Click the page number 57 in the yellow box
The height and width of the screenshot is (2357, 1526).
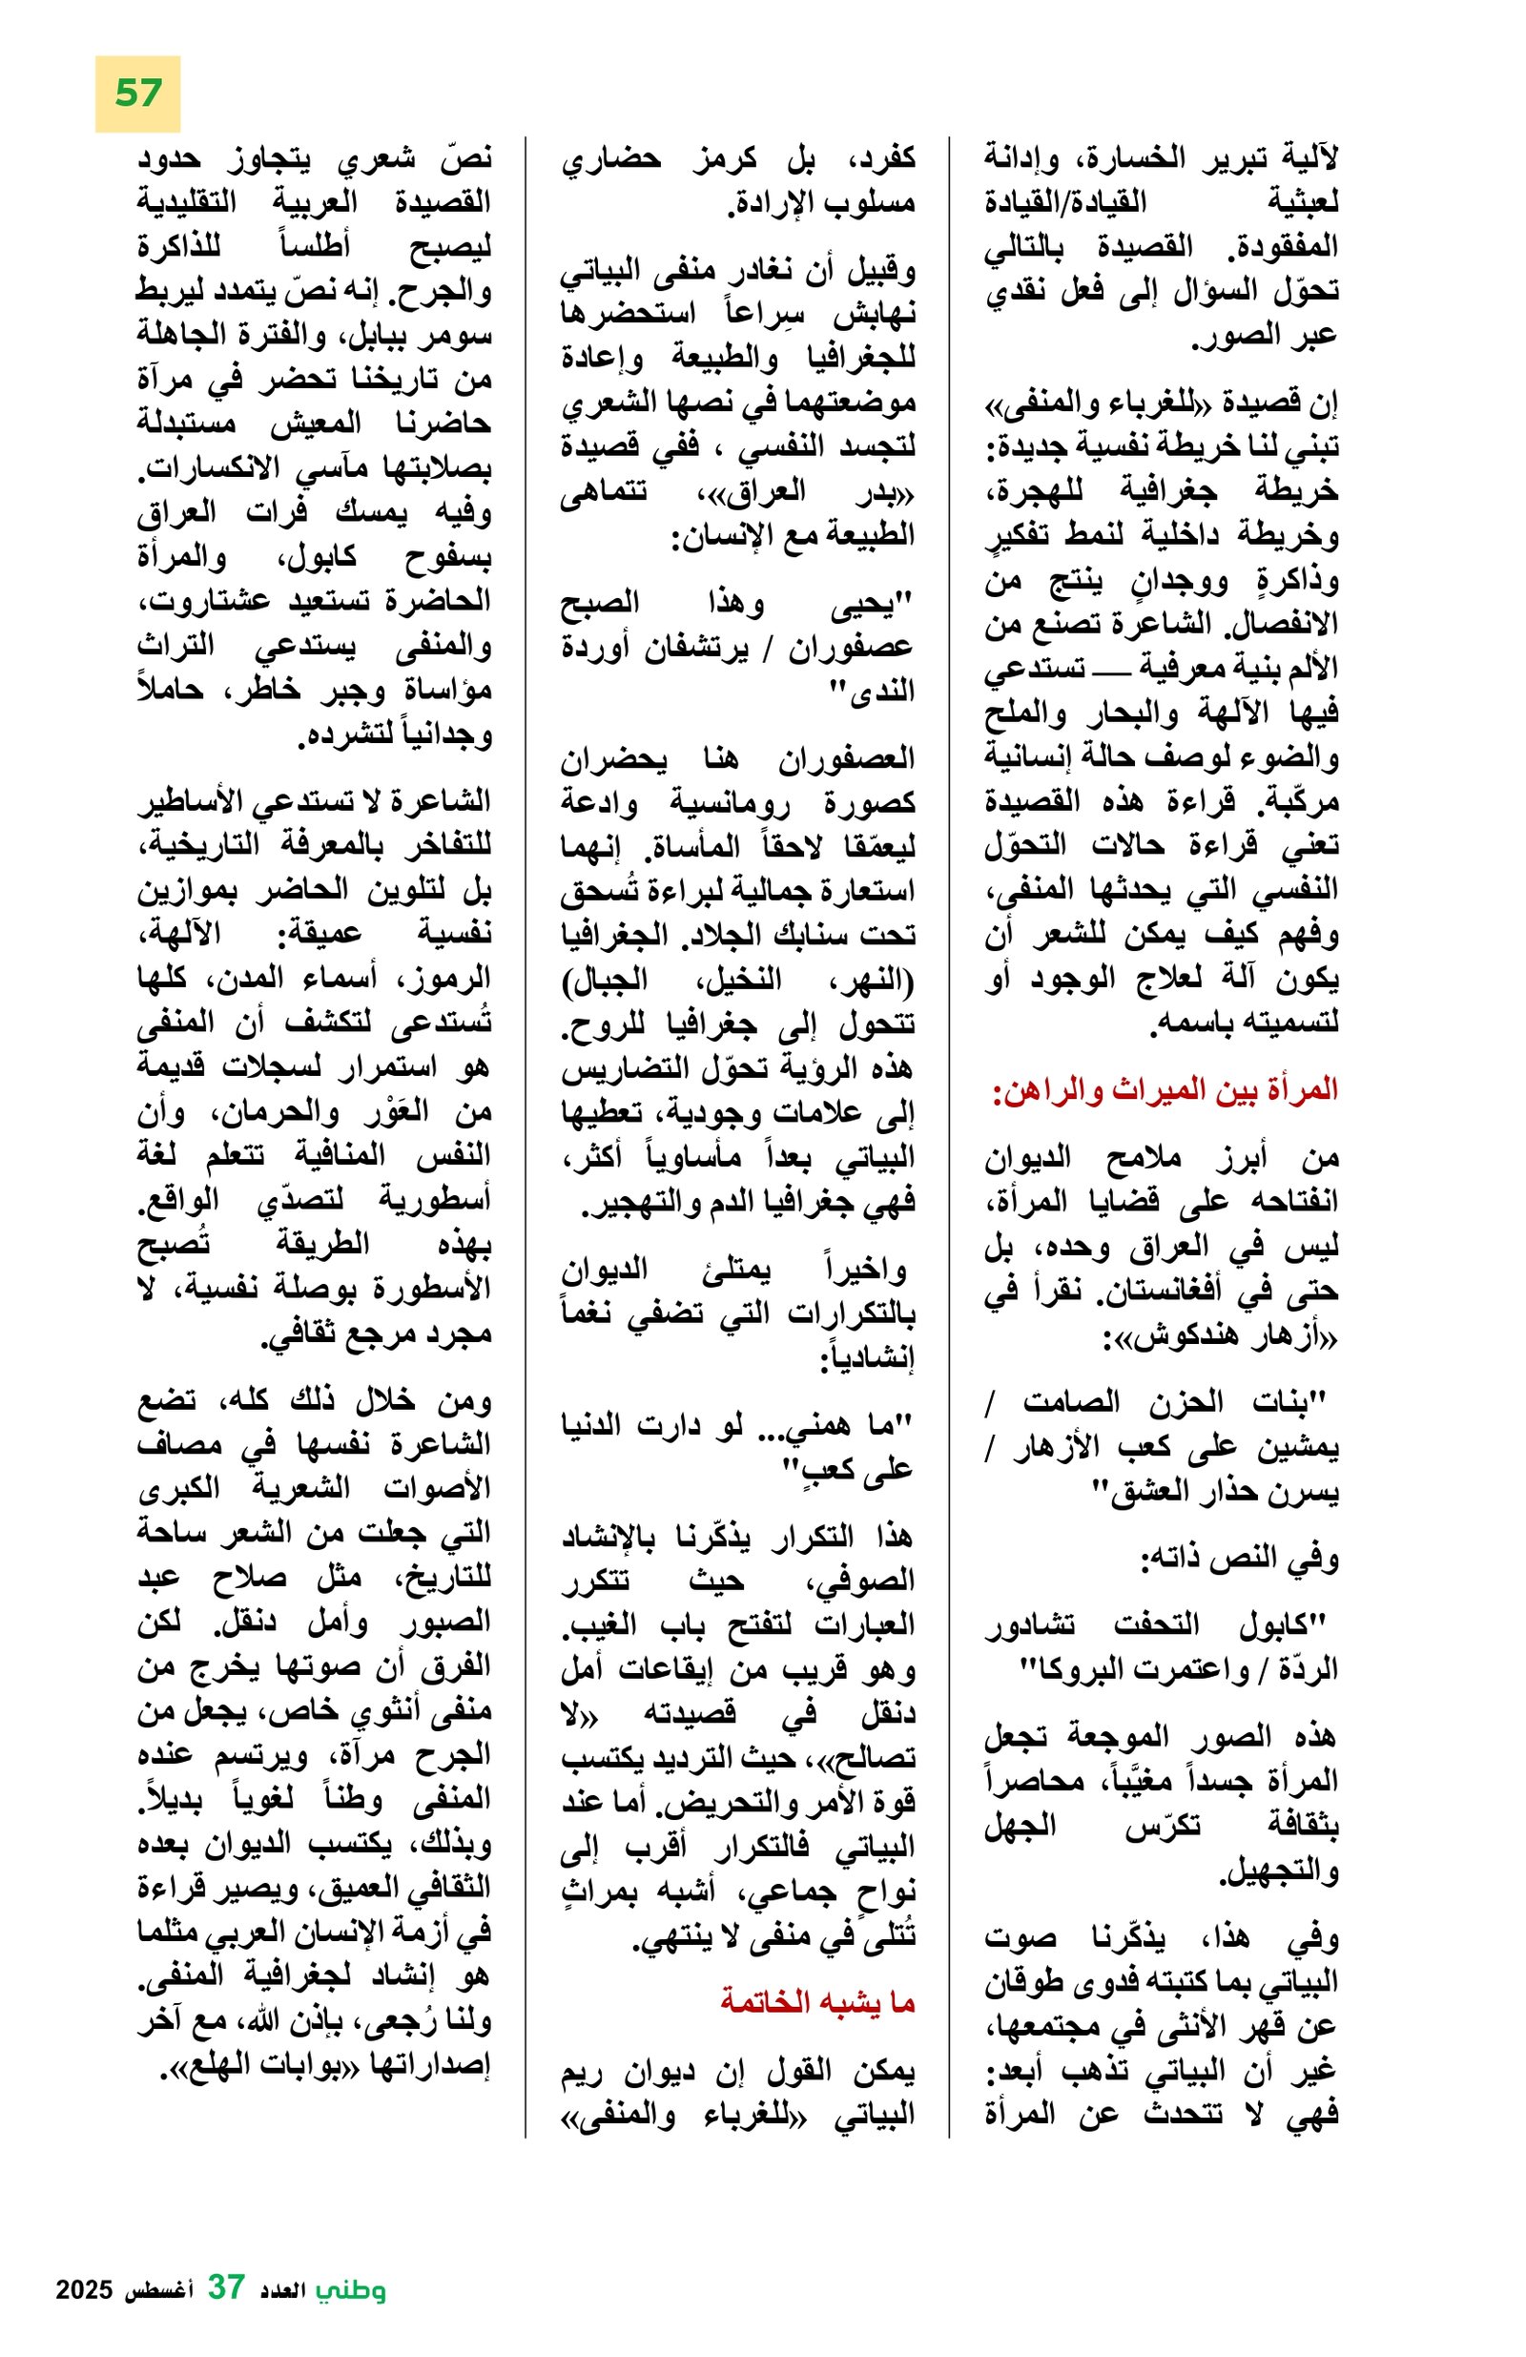pyautogui.click(x=137, y=94)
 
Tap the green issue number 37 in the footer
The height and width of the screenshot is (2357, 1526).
pyautogui.click(x=226, y=2287)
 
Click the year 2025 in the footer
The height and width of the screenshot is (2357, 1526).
pyautogui.click(x=86, y=2290)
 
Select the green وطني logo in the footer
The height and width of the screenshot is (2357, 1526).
pyautogui.click(x=351, y=2289)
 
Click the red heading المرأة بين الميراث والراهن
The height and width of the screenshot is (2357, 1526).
pyautogui.click(x=1165, y=1090)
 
